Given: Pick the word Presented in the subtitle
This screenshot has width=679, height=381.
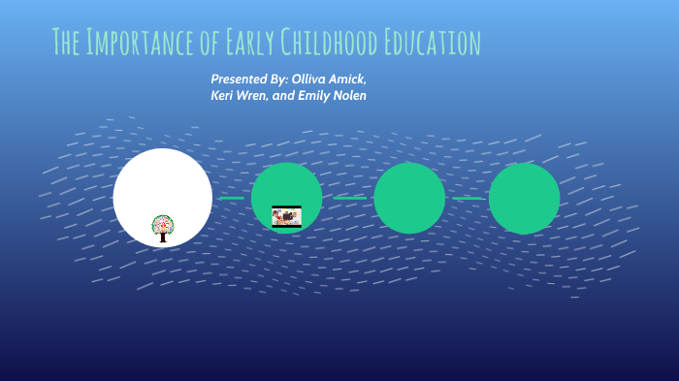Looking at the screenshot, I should tap(241, 78).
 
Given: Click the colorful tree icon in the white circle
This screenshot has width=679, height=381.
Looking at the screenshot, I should tap(163, 227).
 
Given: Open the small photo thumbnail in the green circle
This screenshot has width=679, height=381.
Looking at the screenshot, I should tap(286, 216).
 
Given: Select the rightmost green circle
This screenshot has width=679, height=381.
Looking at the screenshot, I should tap(524, 198).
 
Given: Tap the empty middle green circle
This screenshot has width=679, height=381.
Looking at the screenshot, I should tap(409, 198).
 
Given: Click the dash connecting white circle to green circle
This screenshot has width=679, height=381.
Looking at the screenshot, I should tap(231, 198).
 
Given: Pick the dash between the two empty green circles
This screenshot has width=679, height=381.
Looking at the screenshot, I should tap(467, 198).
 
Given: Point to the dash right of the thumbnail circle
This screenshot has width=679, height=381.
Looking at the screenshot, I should tap(349, 198).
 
